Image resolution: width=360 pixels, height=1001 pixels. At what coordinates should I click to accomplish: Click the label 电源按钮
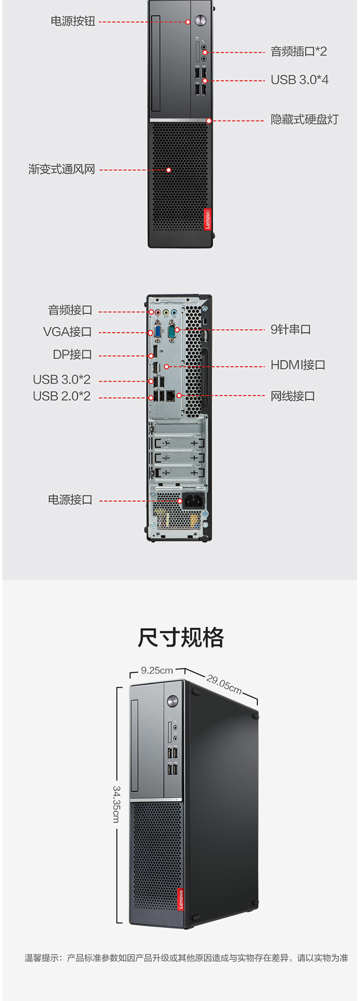tap(73, 22)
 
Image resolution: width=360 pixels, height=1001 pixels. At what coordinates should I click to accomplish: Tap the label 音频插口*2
tap(299, 51)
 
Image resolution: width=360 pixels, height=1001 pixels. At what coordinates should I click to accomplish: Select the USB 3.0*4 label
tap(300, 80)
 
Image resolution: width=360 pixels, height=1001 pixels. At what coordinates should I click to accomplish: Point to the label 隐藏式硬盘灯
tap(304, 119)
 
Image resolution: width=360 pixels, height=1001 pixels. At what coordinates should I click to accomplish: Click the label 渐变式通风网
tap(61, 169)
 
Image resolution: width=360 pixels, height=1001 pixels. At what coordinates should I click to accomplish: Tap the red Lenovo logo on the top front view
tap(208, 219)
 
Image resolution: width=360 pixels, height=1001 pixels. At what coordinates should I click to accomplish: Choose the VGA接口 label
tap(67, 332)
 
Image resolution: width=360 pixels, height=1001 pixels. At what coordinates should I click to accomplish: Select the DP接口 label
tap(72, 355)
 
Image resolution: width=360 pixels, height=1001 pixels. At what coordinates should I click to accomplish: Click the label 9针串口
tap(290, 329)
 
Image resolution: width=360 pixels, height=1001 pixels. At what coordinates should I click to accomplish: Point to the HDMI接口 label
tap(298, 365)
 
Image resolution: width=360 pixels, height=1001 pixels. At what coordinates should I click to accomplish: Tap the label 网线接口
tap(293, 396)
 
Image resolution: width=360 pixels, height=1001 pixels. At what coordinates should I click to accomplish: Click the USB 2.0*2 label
tap(61, 396)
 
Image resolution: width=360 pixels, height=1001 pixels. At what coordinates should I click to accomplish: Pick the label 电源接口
tap(70, 500)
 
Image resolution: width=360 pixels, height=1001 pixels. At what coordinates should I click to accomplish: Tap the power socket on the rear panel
tap(193, 501)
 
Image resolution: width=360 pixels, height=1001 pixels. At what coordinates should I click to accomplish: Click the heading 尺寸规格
tap(180, 638)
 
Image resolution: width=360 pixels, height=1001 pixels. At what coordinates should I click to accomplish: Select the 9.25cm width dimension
tap(157, 670)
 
